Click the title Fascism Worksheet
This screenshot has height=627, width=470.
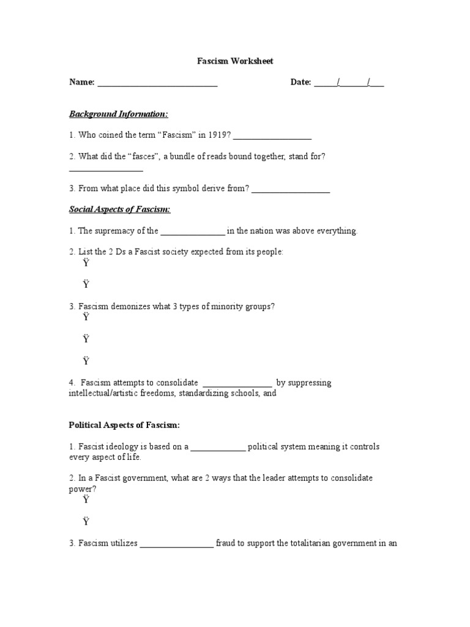pyautogui.click(x=235, y=61)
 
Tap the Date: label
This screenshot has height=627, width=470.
pyautogui.click(x=300, y=82)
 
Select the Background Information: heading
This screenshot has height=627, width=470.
pyautogui.click(x=118, y=115)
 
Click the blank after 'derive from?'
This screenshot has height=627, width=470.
pyautogui.click(x=291, y=190)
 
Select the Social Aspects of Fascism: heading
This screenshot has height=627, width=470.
pyautogui.click(x=119, y=209)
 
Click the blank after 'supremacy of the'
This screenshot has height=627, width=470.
pyautogui.click(x=193, y=232)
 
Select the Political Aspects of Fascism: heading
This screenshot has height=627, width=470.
pyautogui.click(x=124, y=425)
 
